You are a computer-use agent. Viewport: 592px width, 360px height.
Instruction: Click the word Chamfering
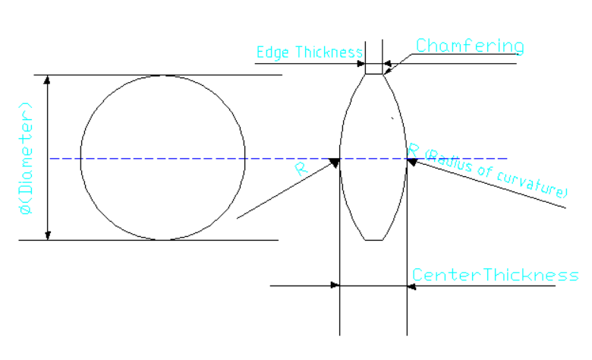click(469, 46)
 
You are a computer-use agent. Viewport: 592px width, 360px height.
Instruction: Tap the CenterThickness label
click(495, 274)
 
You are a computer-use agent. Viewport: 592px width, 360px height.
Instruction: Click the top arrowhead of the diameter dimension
click(49, 80)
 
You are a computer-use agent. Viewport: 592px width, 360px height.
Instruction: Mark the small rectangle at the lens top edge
click(373, 68)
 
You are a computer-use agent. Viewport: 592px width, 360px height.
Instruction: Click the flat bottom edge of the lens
click(373, 240)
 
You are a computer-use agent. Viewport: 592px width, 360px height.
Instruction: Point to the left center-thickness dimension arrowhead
click(334, 286)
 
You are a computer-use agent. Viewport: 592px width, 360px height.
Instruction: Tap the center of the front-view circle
click(162, 158)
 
